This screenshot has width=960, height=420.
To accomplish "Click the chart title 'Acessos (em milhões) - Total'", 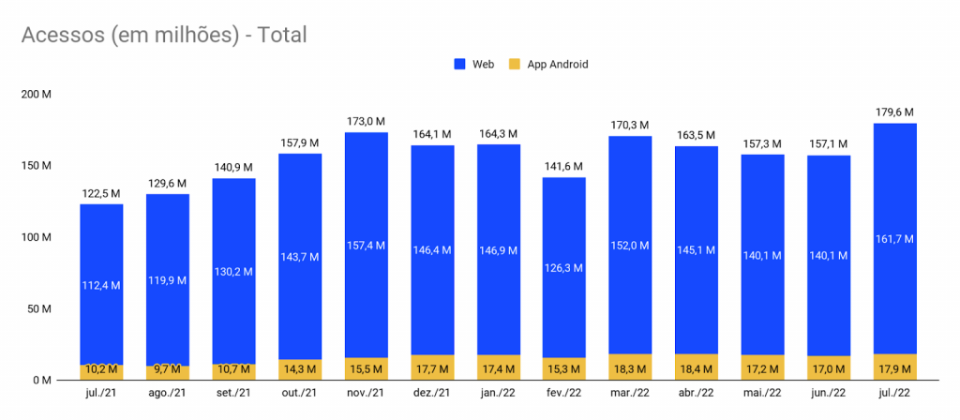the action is pyautogui.click(x=164, y=36).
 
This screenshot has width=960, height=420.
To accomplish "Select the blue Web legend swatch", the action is pyautogui.click(x=459, y=64).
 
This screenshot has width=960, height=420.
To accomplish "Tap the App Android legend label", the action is pyautogui.click(x=558, y=65).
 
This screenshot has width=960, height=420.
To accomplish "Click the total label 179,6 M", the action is pyautogui.click(x=894, y=112).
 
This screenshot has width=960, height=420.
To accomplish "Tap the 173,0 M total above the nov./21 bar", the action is pyautogui.click(x=367, y=121).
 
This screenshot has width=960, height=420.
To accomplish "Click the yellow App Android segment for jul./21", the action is pyautogui.click(x=101, y=372).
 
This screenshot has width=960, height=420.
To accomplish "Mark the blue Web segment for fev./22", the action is pyautogui.click(x=563, y=267).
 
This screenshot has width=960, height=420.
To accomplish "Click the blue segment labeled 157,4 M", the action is pyautogui.click(x=367, y=245).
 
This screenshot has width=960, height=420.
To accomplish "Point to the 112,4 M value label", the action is pyautogui.click(x=101, y=285).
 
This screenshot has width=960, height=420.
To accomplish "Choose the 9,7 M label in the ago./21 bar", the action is pyautogui.click(x=167, y=369).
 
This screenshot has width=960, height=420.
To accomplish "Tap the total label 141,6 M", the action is pyautogui.click(x=563, y=167).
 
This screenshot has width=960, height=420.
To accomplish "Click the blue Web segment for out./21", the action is pyautogui.click(x=300, y=257).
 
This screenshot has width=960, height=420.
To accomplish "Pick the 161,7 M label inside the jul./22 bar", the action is pyautogui.click(x=894, y=239).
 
